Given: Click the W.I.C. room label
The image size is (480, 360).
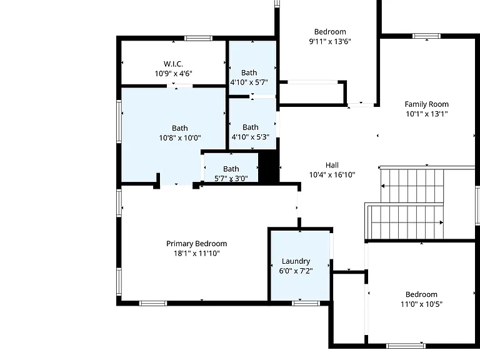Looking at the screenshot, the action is point(173,64).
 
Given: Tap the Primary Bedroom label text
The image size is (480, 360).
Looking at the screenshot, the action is point(196,244).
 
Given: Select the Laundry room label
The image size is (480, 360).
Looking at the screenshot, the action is point(296,261).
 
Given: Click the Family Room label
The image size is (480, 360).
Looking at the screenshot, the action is point(427,104).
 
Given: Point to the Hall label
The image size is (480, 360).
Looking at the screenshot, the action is point(332,165).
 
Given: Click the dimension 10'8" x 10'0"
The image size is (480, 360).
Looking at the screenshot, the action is point(180,137).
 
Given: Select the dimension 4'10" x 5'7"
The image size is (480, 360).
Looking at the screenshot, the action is point(249,82).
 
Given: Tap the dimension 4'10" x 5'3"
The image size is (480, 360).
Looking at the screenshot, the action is point(251,136).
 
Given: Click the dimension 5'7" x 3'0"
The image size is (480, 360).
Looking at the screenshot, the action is point(231,178).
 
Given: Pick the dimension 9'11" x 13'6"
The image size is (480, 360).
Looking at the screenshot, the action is point(330,41).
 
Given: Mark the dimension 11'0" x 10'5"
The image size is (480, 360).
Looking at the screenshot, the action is point(421,304).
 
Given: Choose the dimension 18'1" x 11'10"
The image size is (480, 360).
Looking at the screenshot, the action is point(196,253).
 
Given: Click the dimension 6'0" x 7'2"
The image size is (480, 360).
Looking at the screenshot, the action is point(296,271).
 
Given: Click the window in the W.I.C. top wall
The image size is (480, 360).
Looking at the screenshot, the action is point(198,38).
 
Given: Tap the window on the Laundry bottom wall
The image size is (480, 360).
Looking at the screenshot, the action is point(306,303).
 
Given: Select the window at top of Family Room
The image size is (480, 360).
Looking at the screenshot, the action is point(427,36).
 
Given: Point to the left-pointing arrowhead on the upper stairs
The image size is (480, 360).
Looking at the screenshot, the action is point(382,186).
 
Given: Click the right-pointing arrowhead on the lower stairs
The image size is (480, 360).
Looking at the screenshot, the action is point(441,222).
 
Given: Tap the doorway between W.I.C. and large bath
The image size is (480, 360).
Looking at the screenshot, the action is point(180,86).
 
